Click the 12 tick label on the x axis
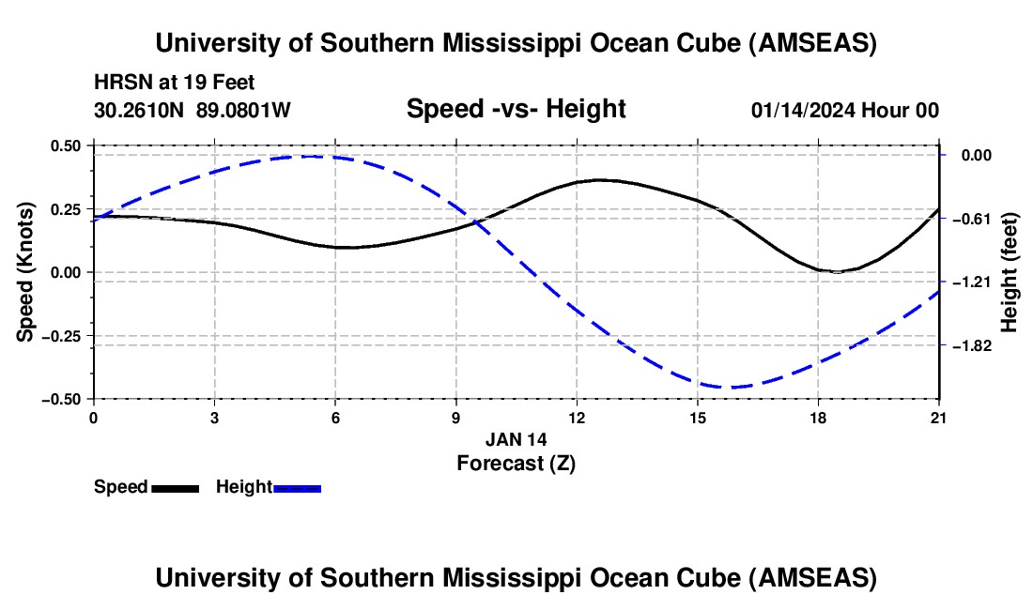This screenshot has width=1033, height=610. pyautogui.click(x=577, y=418)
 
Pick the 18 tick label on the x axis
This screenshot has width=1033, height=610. pyautogui.click(x=819, y=418)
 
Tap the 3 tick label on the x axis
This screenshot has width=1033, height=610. pyautogui.click(x=214, y=418)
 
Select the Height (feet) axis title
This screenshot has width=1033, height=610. pyautogui.click(x=1010, y=272)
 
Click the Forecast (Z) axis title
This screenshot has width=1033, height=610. pyautogui.click(x=516, y=463)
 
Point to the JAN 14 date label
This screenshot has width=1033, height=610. pyautogui.click(x=516, y=439)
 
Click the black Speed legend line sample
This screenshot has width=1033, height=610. pyautogui.click(x=175, y=487)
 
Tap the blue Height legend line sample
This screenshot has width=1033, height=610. pyautogui.click(x=297, y=487)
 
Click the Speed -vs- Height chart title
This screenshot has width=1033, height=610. pyautogui.click(x=516, y=109)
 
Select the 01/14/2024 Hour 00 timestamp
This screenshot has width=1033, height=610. pyautogui.click(x=844, y=110)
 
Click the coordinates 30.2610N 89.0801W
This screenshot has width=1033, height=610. pyautogui.click(x=193, y=110)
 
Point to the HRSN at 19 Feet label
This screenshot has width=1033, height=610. pyautogui.click(x=174, y=84)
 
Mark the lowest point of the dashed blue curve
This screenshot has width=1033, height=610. pyautogui.click(x=731, y=387)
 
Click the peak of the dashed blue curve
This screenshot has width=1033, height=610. pyautogui.click(x=315, y=157)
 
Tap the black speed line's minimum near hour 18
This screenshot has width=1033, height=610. pyautogui.click(x=836, y=272)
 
